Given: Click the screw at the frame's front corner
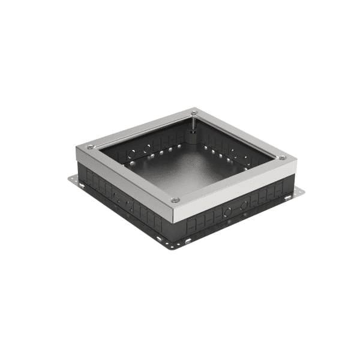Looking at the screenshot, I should click(175, 200).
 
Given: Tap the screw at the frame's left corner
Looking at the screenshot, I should click(90, 147).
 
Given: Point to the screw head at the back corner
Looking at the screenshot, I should click(194, 112).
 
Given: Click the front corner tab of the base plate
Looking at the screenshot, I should click(171, 245).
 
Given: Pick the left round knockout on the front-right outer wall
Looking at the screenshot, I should click(227, 211).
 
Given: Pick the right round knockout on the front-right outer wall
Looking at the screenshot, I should click(244, 205).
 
